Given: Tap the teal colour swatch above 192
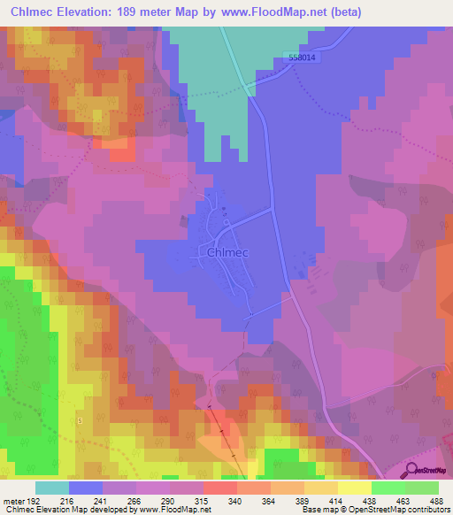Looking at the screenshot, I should tap(51, 488).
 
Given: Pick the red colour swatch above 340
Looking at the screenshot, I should tap(220, 488).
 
